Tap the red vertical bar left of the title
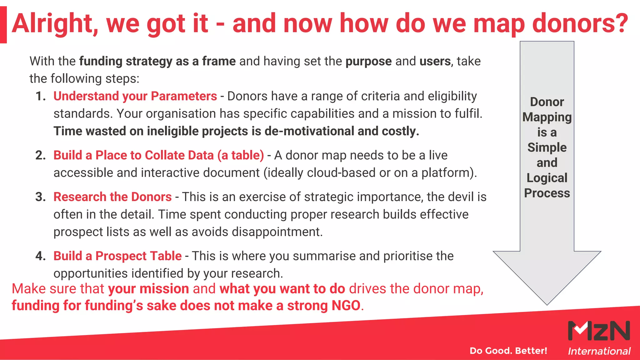[3, 25]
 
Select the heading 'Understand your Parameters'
[135, 96]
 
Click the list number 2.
[40, 155]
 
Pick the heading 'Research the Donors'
[112, 197]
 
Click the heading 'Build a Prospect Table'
[117, 256]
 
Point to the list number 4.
[40, 256]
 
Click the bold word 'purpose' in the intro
[368, 62]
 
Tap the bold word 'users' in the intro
[435, 61]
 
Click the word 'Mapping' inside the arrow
[547, 117]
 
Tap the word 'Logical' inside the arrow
[547, 178]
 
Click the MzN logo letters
[599, 331]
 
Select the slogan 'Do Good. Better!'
[508, 351]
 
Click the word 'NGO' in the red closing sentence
[346, 306]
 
